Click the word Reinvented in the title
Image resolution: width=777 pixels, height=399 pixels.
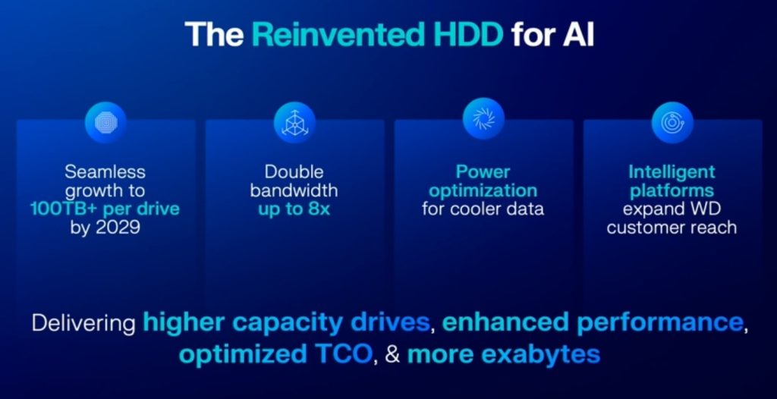pos(338,34)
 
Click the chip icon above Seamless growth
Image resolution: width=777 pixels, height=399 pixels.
pos(105,122)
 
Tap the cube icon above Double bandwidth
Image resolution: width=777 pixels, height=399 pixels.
pos(295,122)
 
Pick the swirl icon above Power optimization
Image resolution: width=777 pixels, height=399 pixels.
pos(483,118)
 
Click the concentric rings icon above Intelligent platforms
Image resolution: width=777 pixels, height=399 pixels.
pos(672,122)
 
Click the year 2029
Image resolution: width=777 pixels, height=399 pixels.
pos(119,228)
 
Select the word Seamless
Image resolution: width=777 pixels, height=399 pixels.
pos(105,172)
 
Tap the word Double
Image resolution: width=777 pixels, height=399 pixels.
pos(294,172)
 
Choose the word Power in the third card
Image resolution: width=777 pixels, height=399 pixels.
pos(483,172)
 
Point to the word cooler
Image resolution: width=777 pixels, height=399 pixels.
pos(479,209)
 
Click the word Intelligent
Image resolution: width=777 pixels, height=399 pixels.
pos(672,172)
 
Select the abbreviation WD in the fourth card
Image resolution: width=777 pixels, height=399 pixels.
pos(705,209)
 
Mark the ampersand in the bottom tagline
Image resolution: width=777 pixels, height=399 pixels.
pos(392,355)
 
